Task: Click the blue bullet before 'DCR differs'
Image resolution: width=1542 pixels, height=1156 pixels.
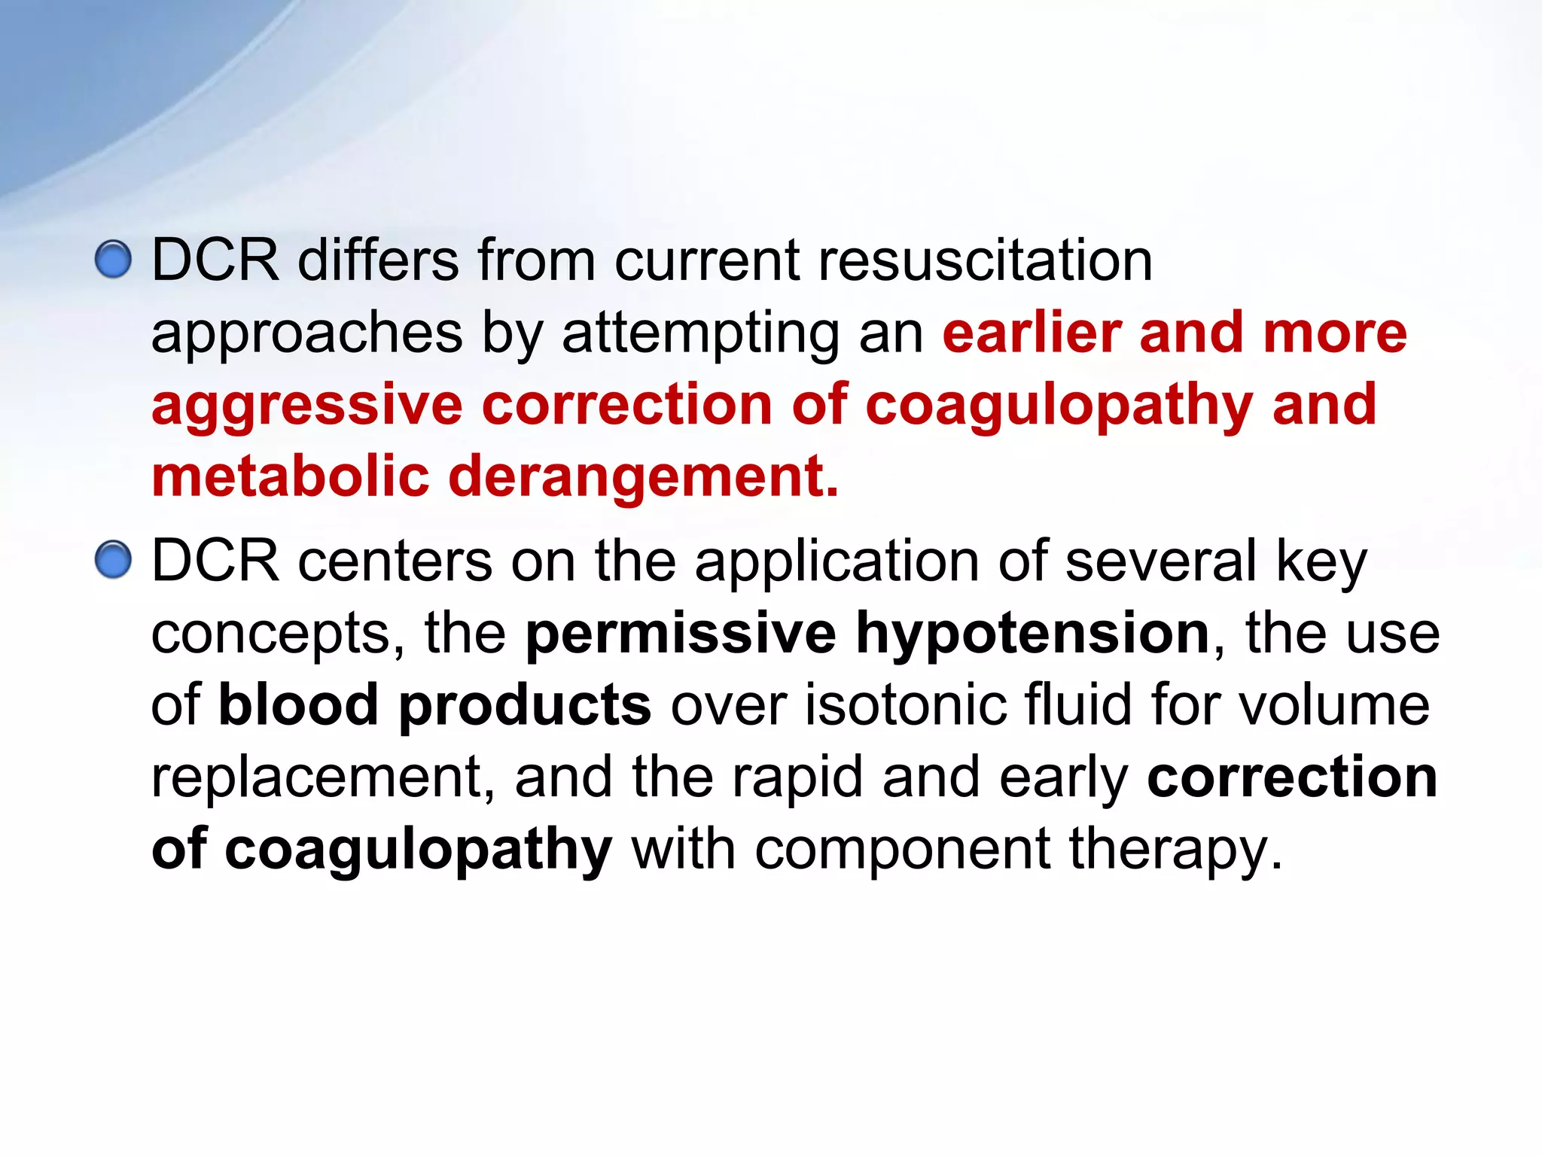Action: click(x=114, y=260)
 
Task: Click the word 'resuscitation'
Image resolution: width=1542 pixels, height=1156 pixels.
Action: click(x=986, y=260)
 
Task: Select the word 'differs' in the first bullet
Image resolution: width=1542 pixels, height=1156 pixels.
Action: click(x=378, y=260)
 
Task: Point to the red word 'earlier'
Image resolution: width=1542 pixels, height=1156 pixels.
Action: click(x=1032, y=333)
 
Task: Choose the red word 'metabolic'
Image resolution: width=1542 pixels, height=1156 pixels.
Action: click(x=290, y=477)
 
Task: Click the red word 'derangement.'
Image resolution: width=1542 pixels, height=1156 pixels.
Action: click(x=644, y=477)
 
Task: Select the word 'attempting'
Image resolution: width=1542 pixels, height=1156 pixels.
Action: click(x=700, y=334)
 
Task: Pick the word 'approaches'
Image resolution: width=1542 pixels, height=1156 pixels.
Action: click(x=306, y=334)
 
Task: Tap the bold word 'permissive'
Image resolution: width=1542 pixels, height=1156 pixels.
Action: click(x=681, y=633)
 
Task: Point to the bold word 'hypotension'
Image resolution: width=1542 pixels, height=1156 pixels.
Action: click(x=1033, y=634)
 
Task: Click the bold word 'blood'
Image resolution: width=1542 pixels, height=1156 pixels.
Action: click(x=298, y=704)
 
